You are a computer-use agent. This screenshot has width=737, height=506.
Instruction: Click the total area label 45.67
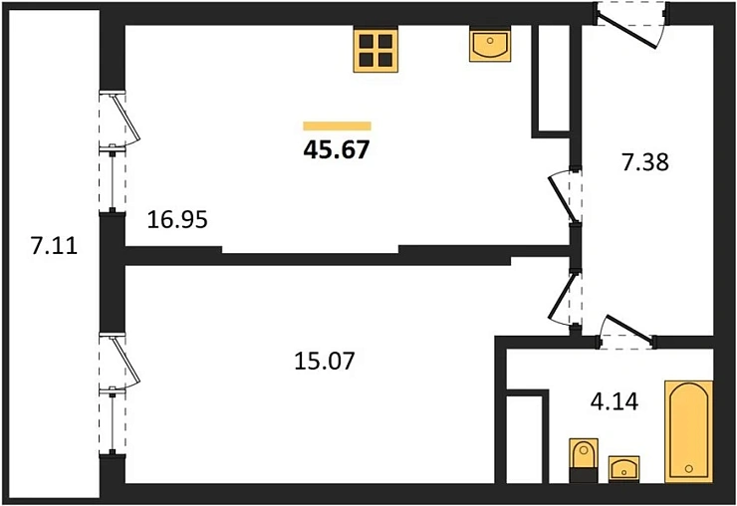(337, 150)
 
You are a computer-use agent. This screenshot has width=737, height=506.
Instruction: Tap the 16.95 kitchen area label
(177, 219)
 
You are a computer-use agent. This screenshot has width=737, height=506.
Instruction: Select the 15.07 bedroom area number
(325, 362)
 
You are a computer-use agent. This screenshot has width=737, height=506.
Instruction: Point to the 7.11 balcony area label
(54, 245)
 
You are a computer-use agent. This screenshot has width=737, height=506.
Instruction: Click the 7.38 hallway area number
(645, 162)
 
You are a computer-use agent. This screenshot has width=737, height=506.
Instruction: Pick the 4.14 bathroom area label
(614, 401)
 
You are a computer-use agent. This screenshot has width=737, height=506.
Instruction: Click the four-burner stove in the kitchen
(375, 50)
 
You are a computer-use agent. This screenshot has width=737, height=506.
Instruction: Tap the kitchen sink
(490, 44)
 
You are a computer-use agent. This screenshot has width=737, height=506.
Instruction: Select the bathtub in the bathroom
(688, 431)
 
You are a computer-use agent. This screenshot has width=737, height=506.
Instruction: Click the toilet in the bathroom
(584, 460)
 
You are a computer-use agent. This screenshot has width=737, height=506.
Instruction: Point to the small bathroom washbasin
(623, 469)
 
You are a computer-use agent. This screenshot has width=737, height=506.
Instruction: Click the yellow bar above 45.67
(337, 126)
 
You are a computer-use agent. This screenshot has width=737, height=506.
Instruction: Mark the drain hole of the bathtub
(689, 468)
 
